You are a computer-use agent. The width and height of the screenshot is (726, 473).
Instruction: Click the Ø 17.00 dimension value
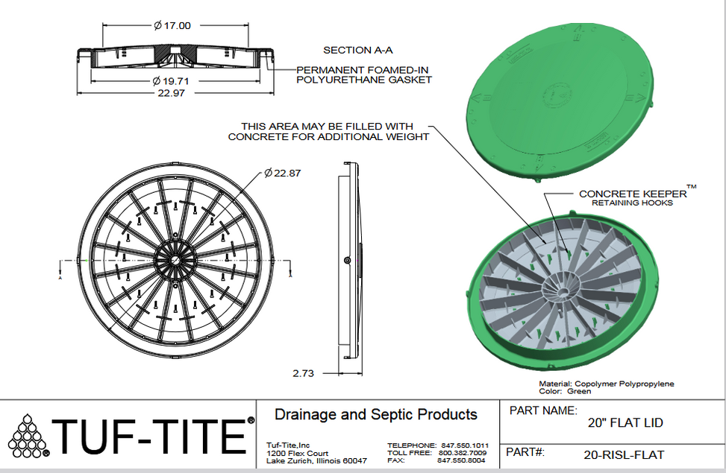[172, 25]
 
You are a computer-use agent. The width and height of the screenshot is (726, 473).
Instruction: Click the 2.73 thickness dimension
[303, 373]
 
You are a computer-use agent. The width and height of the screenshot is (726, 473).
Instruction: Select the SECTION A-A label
[357, 51]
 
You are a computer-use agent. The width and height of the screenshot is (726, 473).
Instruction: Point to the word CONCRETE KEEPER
[632, 194]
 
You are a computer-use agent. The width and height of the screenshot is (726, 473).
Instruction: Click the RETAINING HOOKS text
[632, 203]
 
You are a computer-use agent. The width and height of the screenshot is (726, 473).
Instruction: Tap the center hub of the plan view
[175, 260]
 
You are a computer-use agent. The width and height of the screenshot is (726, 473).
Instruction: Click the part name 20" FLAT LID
[625, 423]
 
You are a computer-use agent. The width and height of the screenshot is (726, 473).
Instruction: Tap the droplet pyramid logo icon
[28, 437]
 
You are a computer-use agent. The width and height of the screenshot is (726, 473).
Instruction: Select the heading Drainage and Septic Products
[376, 415]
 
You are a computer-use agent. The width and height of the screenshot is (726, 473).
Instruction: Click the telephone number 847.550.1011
[465, 445]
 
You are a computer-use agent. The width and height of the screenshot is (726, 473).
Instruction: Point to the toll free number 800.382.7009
[463, 453]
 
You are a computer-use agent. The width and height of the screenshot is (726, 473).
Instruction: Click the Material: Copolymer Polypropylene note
[607, 384]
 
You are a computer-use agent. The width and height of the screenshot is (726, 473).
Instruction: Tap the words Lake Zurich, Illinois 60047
[316, 461]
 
